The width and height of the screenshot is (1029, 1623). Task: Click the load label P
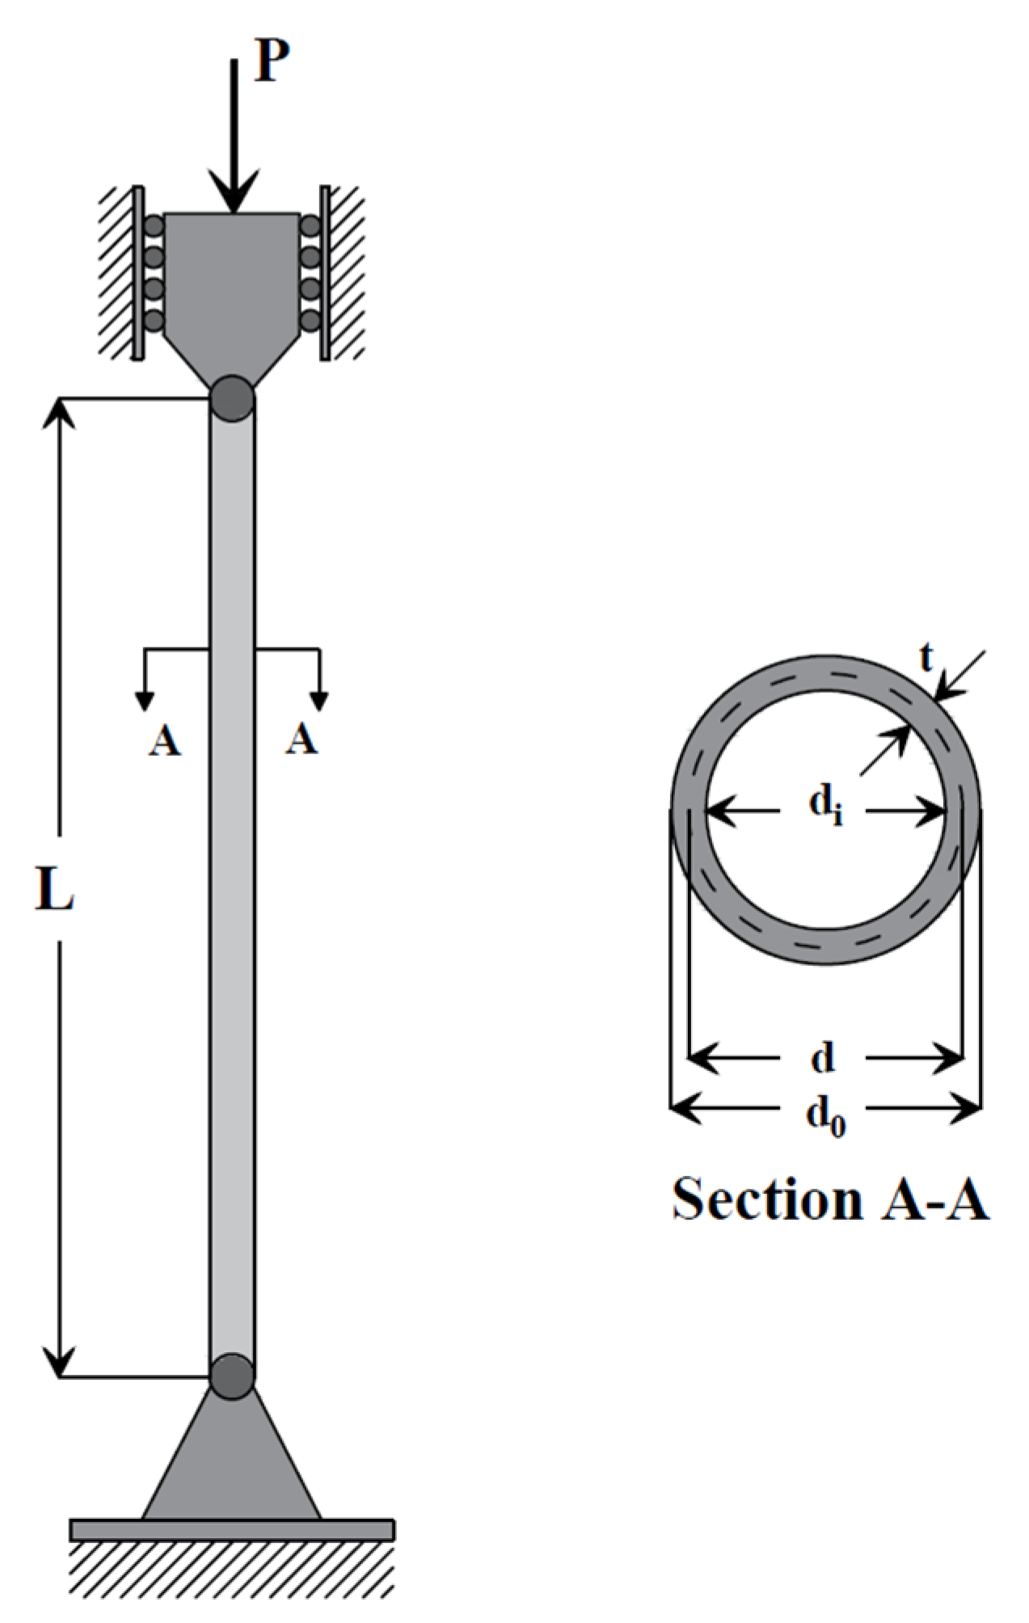tap(272, 61)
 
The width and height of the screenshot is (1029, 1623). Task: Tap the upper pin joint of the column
tap(233, 398)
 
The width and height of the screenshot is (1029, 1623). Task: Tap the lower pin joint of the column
tap(233, 1376)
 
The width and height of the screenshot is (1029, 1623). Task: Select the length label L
tap(55, 889)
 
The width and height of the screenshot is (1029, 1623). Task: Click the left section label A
tap(164, 740)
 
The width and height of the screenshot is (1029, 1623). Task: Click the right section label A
tap(302, 739)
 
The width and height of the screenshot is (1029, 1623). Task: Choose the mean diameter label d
tap(823, 1057)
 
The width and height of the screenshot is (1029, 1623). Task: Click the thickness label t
tap(926, 659)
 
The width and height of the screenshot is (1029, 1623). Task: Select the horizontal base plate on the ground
tap(232, 1529)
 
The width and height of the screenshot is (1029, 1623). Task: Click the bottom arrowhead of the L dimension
tap(58, 1364)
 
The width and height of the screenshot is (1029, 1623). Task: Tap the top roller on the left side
tap(154, 226)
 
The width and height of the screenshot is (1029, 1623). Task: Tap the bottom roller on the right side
tap(310, 320)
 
